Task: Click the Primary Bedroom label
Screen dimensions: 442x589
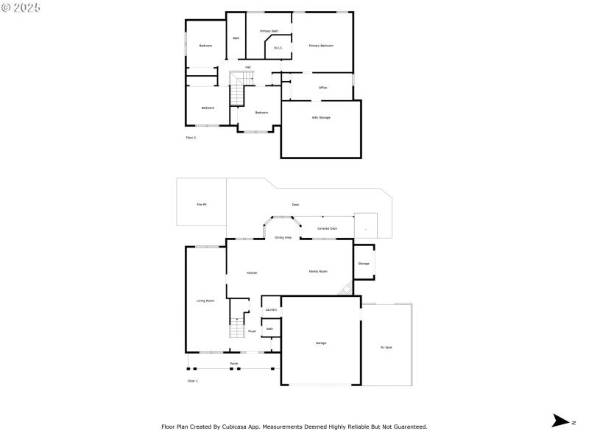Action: (x=321, y=46)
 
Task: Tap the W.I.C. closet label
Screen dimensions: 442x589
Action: (x=278, y=49)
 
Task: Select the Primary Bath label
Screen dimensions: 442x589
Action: (x=269, y=31)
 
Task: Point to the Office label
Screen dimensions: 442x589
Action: (x=322, y=88)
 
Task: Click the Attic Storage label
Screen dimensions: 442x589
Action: (x=321, y=117)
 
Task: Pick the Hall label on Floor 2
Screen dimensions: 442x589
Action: (x=248, y=67)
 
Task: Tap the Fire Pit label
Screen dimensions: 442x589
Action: (x=201, y=204)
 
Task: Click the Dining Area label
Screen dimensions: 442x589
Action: (x=283, y=238)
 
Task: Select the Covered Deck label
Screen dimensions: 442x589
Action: (x=327, y=228)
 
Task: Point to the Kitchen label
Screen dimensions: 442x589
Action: (x=252, y=273)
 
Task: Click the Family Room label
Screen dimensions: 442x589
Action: (x=318, y=271)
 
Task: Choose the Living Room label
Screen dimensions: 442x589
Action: (x=205, y=301)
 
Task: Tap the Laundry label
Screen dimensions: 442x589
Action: (x=271, y=309)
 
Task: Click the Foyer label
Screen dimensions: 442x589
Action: (x=252, y=331)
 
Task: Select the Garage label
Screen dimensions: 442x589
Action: (x=321, y=343)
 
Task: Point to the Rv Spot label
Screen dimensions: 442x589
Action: (x=387, y=347)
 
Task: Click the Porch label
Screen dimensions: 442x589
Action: (x=234, y=364)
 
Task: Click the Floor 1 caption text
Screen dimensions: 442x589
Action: (x=193, y=381)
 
